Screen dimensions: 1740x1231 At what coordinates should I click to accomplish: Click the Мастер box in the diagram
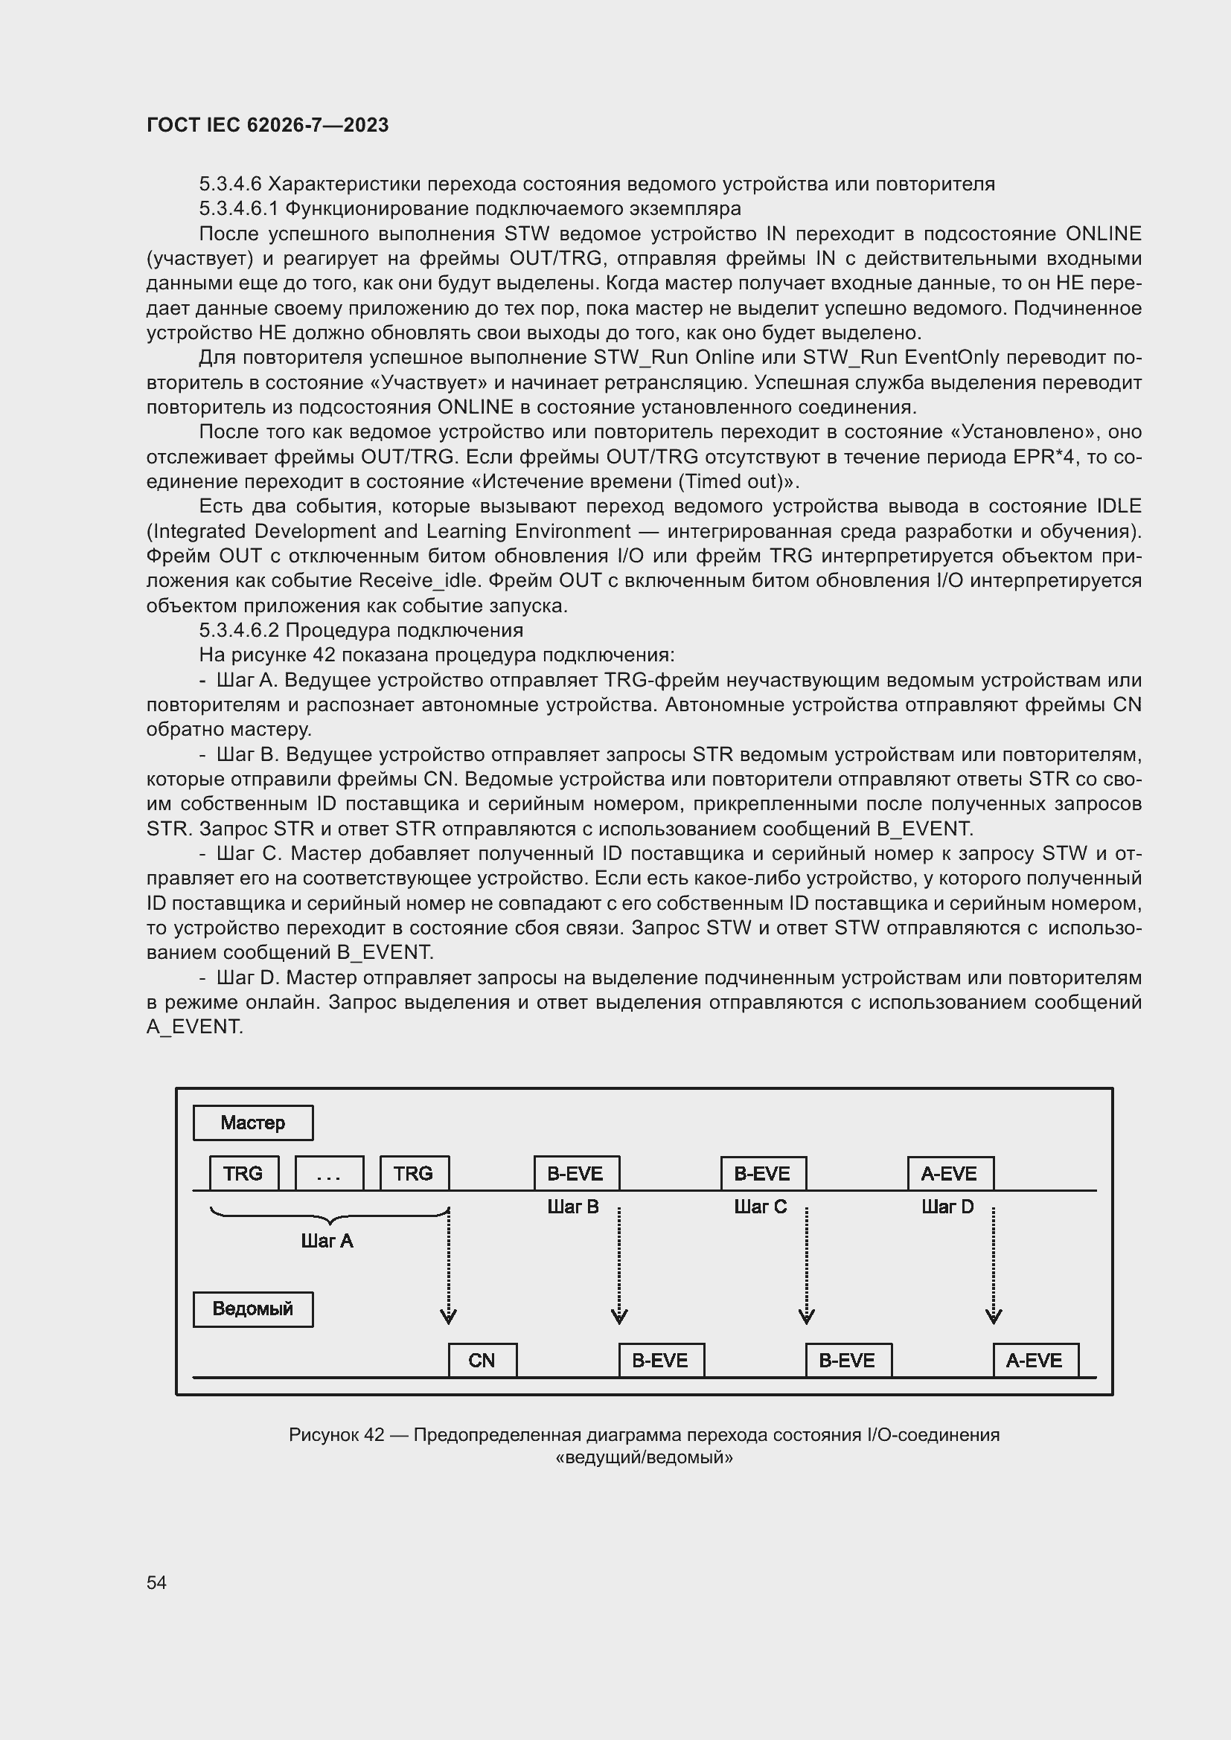(252, 1123)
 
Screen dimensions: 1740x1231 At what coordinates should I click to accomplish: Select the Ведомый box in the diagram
(252, 1309)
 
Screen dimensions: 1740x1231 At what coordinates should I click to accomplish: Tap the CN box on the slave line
(482, 1361)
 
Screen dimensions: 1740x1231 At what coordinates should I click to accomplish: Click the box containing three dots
(329, 1174)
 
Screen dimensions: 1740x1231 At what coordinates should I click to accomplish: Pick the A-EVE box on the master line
(950, 1174)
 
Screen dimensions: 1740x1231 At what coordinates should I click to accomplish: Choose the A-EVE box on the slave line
(1035, 1361)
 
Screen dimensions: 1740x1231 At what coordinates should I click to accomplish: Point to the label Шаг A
(327, 1241)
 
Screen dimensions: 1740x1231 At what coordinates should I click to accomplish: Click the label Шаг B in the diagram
(573, 1207)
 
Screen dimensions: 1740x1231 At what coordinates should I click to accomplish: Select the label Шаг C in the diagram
(761, 1207)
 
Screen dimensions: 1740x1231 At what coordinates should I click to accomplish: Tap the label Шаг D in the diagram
(947, 1207)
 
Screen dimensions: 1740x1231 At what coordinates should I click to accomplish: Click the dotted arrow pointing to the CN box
(449, 1265)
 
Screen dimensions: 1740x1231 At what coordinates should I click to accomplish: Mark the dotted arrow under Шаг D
(994, 1265)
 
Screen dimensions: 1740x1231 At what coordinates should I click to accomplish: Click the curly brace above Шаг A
(329, 1216)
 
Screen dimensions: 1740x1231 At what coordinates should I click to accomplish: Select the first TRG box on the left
(243, 1174)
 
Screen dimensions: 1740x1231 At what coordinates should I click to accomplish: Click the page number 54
(157, 1582)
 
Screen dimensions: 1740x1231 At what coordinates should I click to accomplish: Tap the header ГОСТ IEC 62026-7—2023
(268, 125)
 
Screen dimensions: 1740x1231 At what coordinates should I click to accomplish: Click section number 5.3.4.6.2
(239, 631)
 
